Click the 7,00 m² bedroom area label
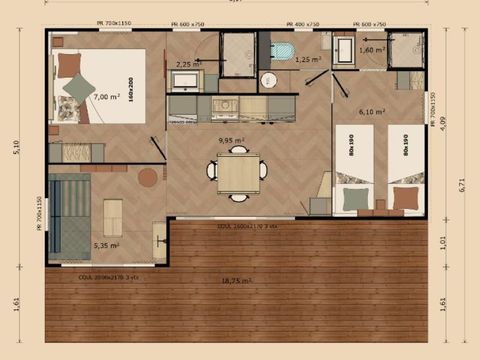click(x=106, y=97)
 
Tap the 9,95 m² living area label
click(x=232, y=141)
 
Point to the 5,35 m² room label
click(x=106, y=245)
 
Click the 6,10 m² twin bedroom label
click(x=371, y=112)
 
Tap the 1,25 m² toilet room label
click(x=309, y=60)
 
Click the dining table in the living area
click(x=237, y=176)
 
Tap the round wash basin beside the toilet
click(x=268, y=80)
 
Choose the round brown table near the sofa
click(x=148, y=177)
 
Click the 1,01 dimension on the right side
click(x=445, y=241)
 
